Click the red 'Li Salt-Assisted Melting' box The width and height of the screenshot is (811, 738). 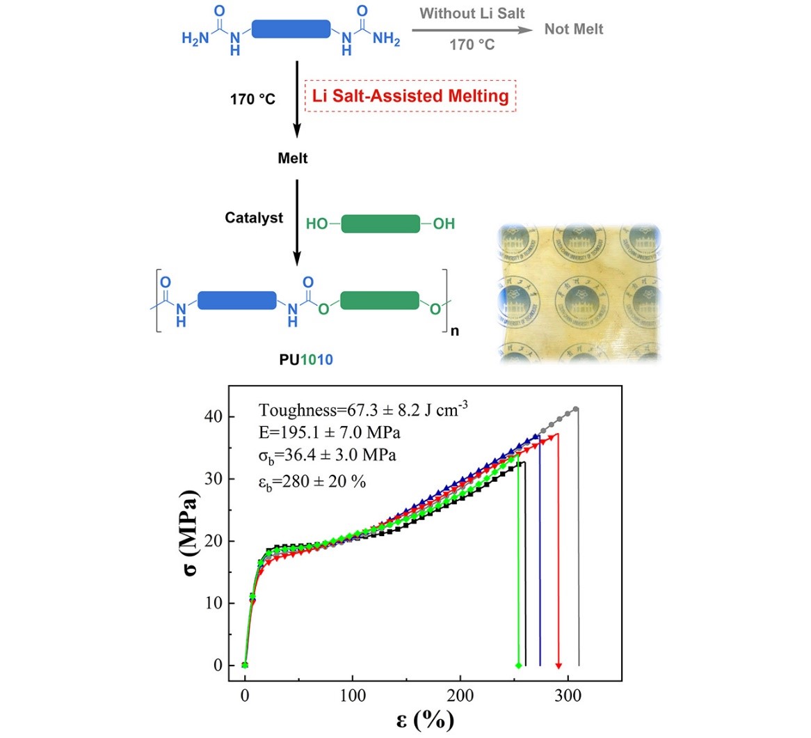click(410, 96)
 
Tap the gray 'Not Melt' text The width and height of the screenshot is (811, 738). click(574, 29)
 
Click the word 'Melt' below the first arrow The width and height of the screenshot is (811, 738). click(293, 159)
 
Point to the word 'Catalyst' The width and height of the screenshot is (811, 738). click(254, 218)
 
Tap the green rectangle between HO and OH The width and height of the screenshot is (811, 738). click(381, 224)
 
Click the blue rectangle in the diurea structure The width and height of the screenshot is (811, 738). click(291, 29)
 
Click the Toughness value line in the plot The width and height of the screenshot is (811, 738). click(363, 410)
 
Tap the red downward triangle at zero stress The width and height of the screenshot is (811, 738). click(559, 666)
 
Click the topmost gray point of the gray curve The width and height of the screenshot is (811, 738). click(576, 409)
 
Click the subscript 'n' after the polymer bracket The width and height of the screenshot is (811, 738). click(455, 331)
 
